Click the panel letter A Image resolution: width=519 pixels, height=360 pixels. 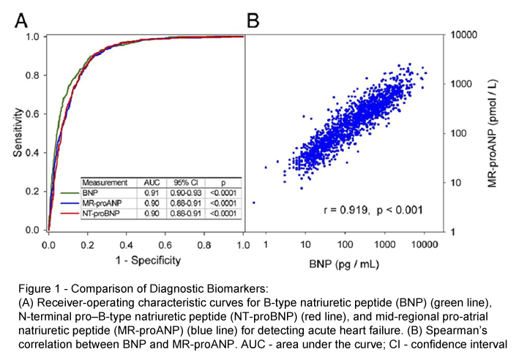(22, 18)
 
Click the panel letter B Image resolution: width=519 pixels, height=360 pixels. (253, 18)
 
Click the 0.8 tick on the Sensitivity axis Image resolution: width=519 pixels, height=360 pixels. (31, 75)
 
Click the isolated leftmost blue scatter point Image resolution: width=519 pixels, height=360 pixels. (253, 202)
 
